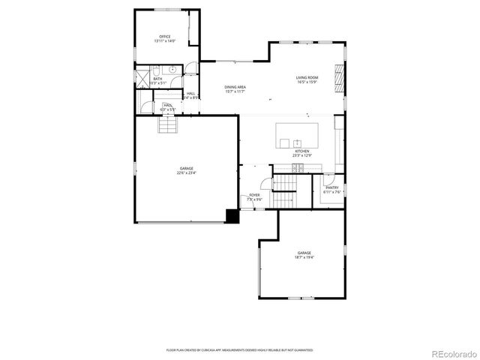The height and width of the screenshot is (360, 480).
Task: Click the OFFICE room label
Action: point(164,36)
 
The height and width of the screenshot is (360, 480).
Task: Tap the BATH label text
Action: point(157,78)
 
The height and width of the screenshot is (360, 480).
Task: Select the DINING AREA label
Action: point(235,87)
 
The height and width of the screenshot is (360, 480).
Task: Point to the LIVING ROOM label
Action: point(307,77)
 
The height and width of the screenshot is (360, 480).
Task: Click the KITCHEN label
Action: point(301,151)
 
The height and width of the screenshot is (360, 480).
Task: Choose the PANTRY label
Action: point(331,187)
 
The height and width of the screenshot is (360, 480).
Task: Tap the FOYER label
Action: point(255,195)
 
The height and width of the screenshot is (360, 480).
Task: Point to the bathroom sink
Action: point(172,68)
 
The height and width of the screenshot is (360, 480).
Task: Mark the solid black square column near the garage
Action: point(232,217)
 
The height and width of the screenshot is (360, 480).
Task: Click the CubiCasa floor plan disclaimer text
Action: point(239,349)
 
